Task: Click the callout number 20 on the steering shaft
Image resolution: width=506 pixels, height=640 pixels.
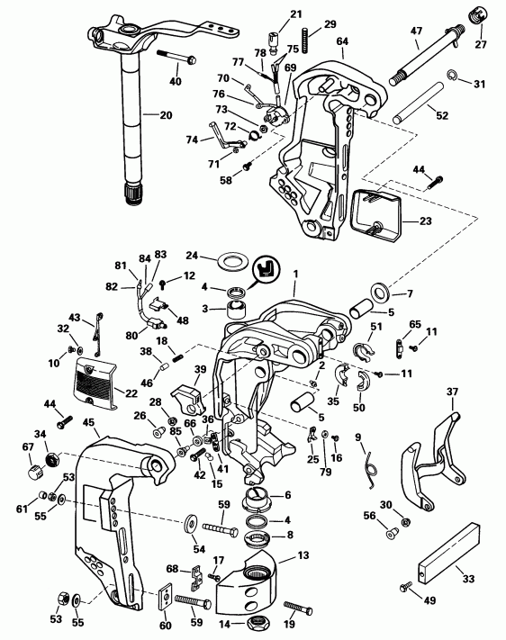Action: coord(165,115)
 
